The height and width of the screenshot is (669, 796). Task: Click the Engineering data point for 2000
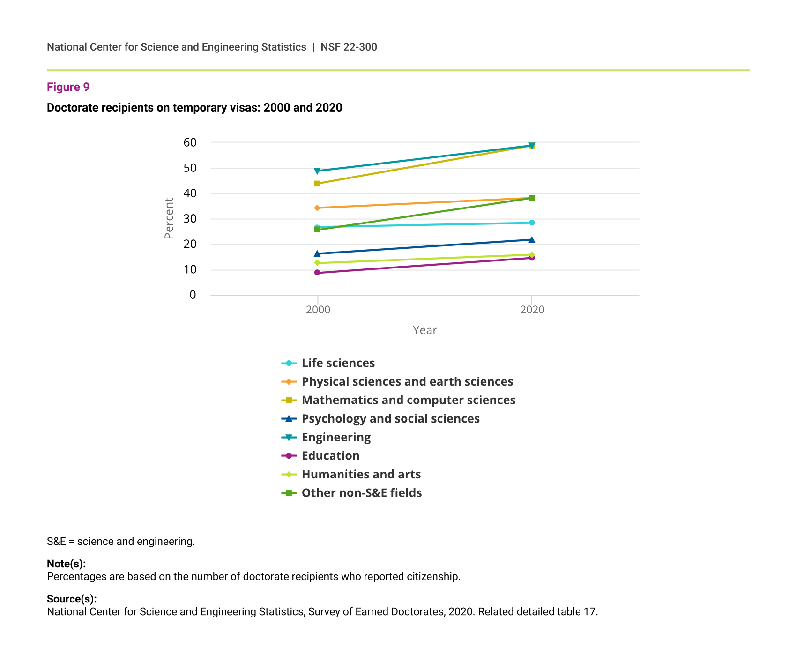317,171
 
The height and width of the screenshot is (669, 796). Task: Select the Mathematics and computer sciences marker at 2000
317,184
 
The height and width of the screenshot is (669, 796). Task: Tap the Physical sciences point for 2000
317,208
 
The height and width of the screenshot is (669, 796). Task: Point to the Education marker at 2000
317,273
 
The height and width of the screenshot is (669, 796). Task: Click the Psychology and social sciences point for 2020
532,240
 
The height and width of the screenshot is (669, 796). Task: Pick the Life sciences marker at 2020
532,223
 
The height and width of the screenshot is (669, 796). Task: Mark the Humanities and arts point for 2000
317,263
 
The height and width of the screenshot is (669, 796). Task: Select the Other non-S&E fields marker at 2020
532,198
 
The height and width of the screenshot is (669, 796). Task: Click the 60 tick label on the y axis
190,142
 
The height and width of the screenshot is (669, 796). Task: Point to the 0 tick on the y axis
193,295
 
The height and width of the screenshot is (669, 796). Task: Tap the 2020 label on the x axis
532,310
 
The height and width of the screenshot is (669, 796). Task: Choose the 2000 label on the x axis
318,310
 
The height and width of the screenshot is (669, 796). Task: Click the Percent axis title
169,218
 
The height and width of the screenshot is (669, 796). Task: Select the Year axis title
424,330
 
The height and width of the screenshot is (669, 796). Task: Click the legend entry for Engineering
336,437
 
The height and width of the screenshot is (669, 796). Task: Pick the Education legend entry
330,456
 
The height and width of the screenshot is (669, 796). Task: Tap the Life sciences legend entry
338,363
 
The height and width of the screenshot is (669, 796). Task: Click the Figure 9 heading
68,87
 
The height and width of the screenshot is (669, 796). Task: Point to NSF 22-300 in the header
349,47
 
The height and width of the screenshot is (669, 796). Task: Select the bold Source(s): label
72,599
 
